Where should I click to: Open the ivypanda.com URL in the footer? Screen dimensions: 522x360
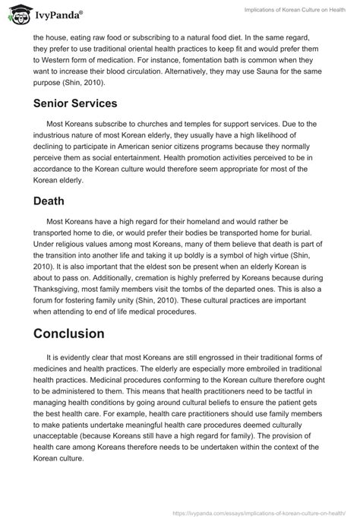(x=275, y=513)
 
